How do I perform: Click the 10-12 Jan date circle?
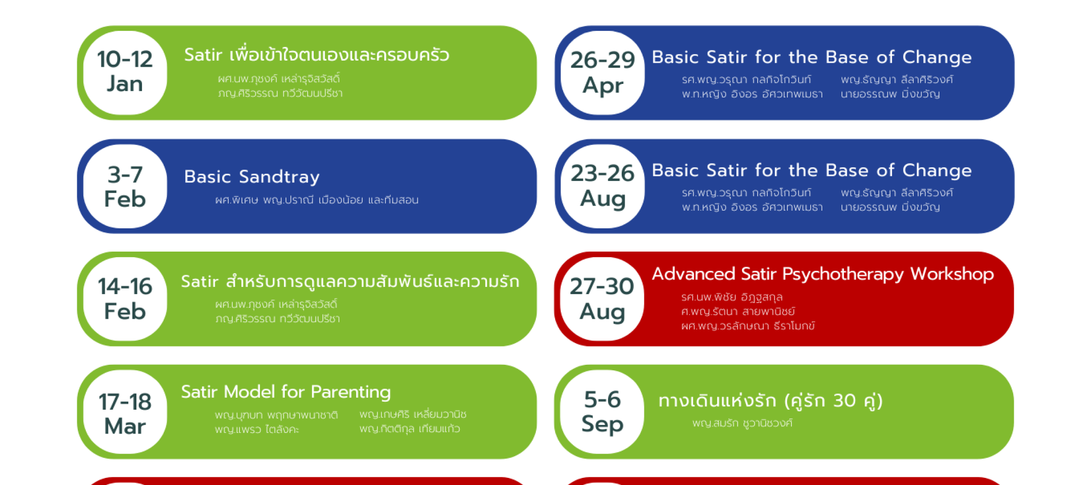(125, 73)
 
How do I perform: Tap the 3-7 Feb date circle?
(125, 186)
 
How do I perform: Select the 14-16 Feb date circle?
(125, 299)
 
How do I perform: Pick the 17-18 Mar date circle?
(125, 412)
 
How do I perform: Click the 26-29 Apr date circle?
(603, 73)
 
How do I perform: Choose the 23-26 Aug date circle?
(603, 186)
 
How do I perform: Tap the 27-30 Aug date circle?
(602, 299)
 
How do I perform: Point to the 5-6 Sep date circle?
(602, 412)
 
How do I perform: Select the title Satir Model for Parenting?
(286, 392)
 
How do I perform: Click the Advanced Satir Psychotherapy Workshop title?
(823, 274)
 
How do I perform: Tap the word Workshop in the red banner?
(952, 274)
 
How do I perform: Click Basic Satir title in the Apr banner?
(812, 57)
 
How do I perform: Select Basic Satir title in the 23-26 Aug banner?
(812, 170)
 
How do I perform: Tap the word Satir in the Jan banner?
(203, 55)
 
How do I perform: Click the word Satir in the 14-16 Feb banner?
(200, 281)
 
